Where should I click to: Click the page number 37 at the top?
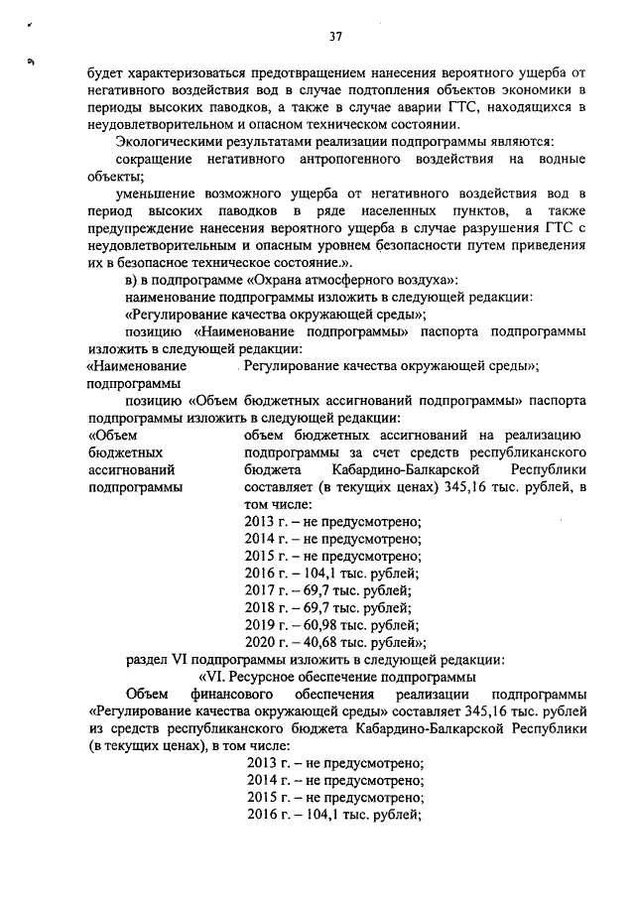pyautogui.click(x=335, y=37)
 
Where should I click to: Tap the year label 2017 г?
pyautogui.click(x=262, y=589)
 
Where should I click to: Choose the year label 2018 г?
pyautogui.click(x=262, y=606)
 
